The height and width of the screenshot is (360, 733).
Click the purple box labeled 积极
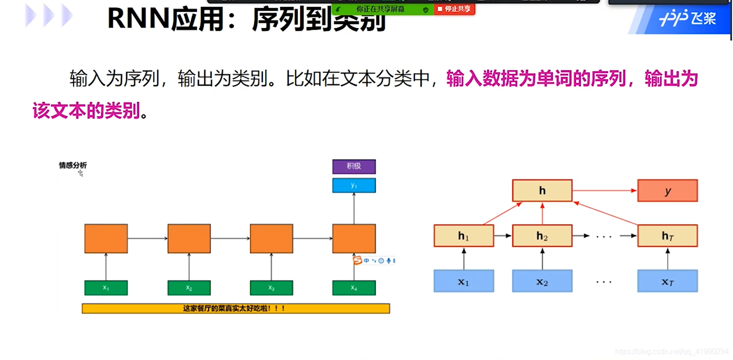(x=354, y=166)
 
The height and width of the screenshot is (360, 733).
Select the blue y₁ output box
(x=354, y=185)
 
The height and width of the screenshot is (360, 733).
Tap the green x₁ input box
(x=106, y=288)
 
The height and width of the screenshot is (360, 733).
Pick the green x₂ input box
(x=189, y=288)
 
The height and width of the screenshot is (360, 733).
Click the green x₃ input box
(x=271, y=288)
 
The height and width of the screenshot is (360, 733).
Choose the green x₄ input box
(x=354, y=288)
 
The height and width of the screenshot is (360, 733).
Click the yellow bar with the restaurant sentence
(x=236, y=308)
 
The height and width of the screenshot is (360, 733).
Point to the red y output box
(x=667, y=190)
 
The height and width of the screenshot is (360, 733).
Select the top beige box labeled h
(x=542, y=190)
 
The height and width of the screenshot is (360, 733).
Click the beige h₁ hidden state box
(x=463, y=236)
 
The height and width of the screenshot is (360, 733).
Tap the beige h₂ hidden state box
(x=542, y=236)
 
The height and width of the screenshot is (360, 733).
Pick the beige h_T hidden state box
(x=667, y=236)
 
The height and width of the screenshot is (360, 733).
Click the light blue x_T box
(x=667, y=281)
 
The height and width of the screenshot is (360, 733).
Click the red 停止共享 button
(x=455, y=9)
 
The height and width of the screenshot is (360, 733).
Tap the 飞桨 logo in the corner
(x=687, y=19)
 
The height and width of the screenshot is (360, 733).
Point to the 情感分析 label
(x=73, y=165)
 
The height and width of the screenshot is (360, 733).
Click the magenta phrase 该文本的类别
(x=87, y=111)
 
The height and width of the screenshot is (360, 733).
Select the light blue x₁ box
(x=463, y=281)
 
